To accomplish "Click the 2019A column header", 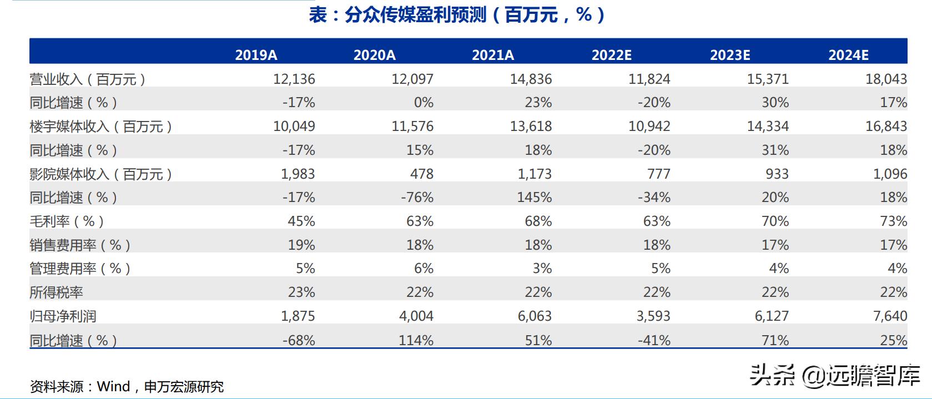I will tap(256, 55).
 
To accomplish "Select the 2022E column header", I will tap(611, 55).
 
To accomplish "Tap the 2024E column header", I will tap(848, 55).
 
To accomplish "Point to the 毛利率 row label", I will tap(67, 221).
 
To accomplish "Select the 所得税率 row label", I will tap(56, 292).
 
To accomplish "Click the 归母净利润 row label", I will tap(63, 316).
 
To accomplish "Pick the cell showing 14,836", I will tap(531, 79).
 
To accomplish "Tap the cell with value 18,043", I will tap(886, 79).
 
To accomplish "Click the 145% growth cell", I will tap(535, 198).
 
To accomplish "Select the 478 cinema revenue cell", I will tap(421, 174).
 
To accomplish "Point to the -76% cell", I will tap(417, 198).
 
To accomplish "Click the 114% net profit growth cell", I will tap(416, 340).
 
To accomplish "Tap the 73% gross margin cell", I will tap(893, 221).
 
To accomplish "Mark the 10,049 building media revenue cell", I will tap(294, 127).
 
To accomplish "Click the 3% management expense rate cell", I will tap(542, 269).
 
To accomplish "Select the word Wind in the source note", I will tap(113, 386).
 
